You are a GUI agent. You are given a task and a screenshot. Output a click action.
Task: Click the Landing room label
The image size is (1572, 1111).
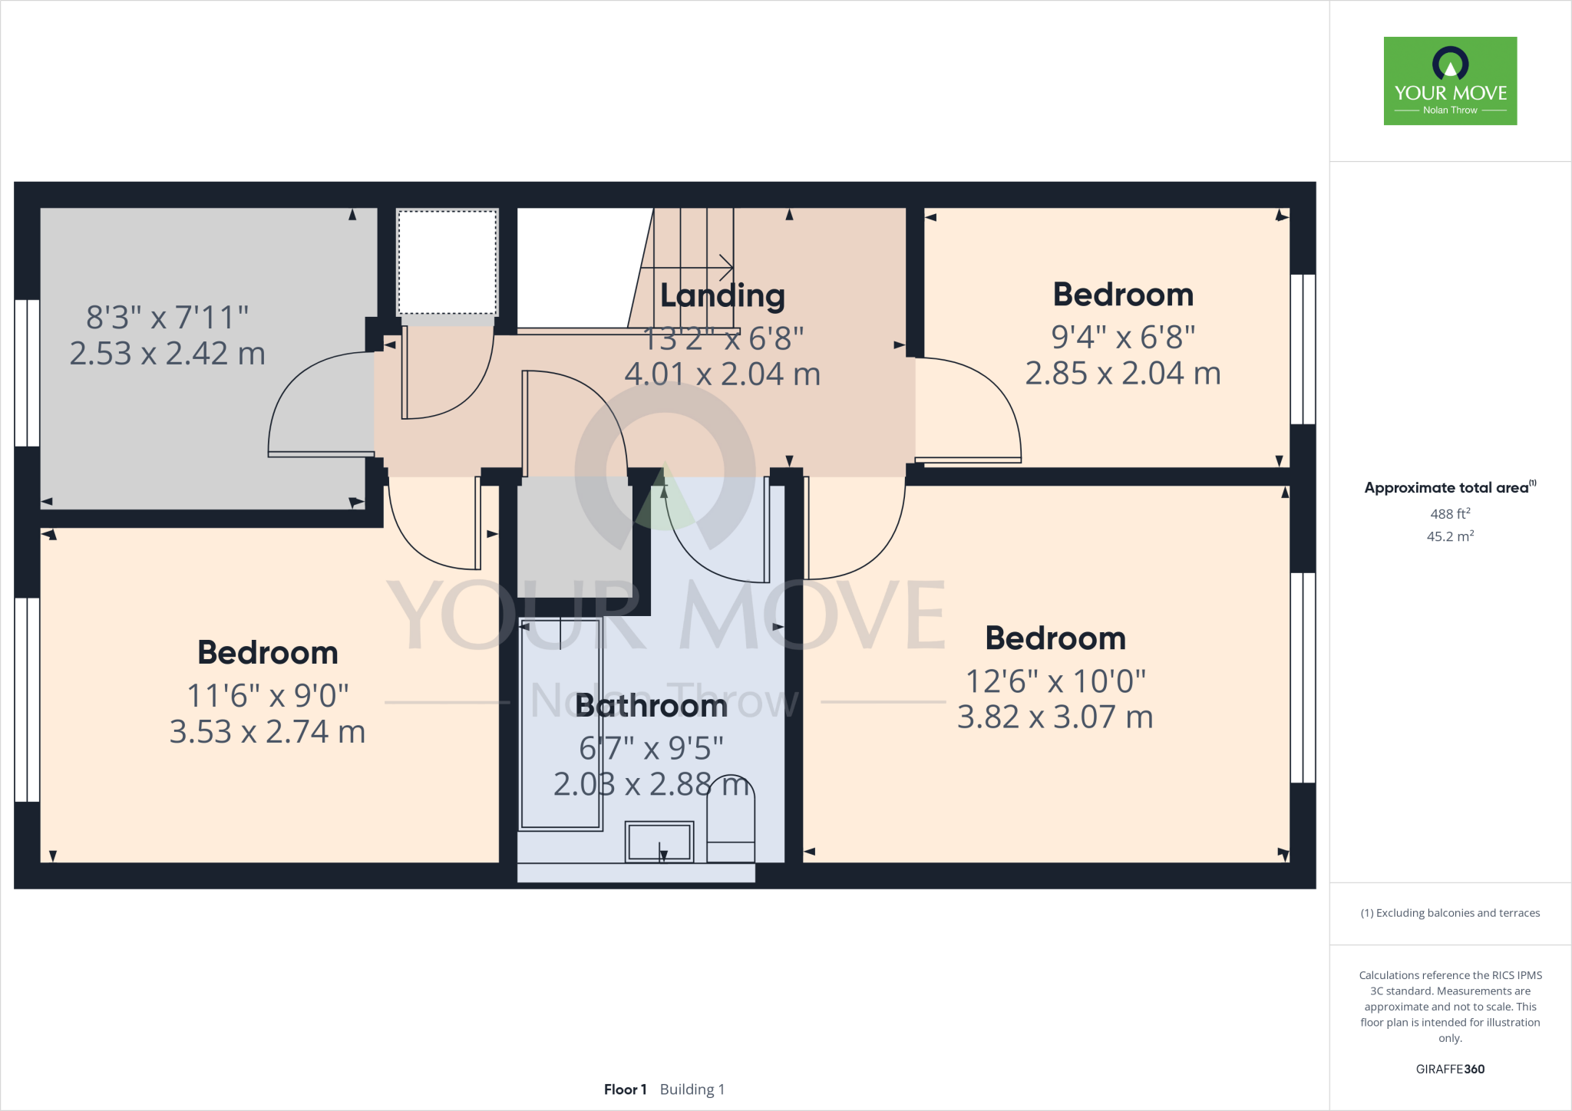click(x=722, y=295)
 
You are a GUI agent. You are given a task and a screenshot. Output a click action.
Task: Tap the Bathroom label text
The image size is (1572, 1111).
click(x=651, y=706)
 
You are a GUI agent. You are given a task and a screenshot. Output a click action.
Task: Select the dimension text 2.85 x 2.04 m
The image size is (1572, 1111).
click(x=1122, y=374)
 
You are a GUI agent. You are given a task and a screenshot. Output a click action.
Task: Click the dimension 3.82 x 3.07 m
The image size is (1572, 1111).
click(x=1055, y=717)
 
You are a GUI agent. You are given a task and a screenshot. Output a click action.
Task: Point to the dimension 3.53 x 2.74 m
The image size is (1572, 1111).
click(x=267, y=732)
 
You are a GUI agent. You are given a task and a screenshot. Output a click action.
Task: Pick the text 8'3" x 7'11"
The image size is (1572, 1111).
click(x=167, y=317)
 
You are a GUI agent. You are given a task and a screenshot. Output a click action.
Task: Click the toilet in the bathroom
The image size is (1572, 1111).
click(x=730, y=821)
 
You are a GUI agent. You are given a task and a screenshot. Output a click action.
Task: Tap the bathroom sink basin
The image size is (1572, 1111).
click(x=659, y=842)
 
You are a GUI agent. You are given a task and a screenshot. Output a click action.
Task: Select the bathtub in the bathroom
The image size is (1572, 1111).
click(x=560, y=725)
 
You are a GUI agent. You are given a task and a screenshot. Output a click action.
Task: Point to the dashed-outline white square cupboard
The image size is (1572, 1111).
click(x=447, y=262)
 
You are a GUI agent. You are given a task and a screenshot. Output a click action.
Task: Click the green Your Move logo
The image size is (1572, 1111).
click(x=1450, y=81)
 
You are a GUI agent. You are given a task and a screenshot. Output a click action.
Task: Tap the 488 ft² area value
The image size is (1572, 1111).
click(x=1450, y=514)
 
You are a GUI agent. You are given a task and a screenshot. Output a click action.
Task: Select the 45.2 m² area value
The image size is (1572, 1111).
click(x=1450, y=536)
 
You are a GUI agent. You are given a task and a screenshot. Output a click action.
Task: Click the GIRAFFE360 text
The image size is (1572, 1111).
click(x=1450, y=1069)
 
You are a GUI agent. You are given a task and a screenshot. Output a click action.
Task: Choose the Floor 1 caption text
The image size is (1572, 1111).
click(x=625, y=1090)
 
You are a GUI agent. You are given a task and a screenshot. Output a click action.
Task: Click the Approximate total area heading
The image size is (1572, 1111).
click(x=1447, y=488)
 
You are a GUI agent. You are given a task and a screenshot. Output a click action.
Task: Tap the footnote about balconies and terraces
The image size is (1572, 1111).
click(x=1450, y=913)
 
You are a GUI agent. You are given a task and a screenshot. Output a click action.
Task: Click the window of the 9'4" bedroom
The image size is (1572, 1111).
click(x=1303, y=349)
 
